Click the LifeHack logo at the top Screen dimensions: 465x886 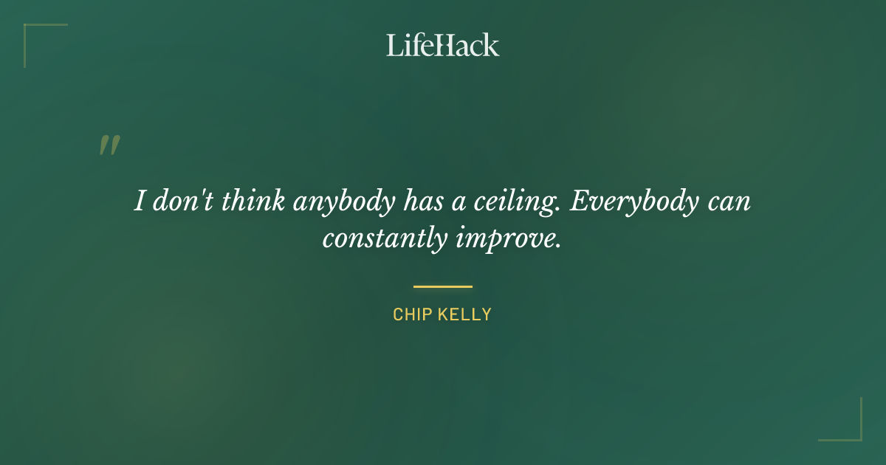coord(443,45)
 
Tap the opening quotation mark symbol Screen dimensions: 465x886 coord(109,145)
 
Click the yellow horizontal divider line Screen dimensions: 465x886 coord(443,286)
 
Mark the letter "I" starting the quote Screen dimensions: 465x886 coord(139,201)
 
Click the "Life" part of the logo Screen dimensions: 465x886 coord(411,45)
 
